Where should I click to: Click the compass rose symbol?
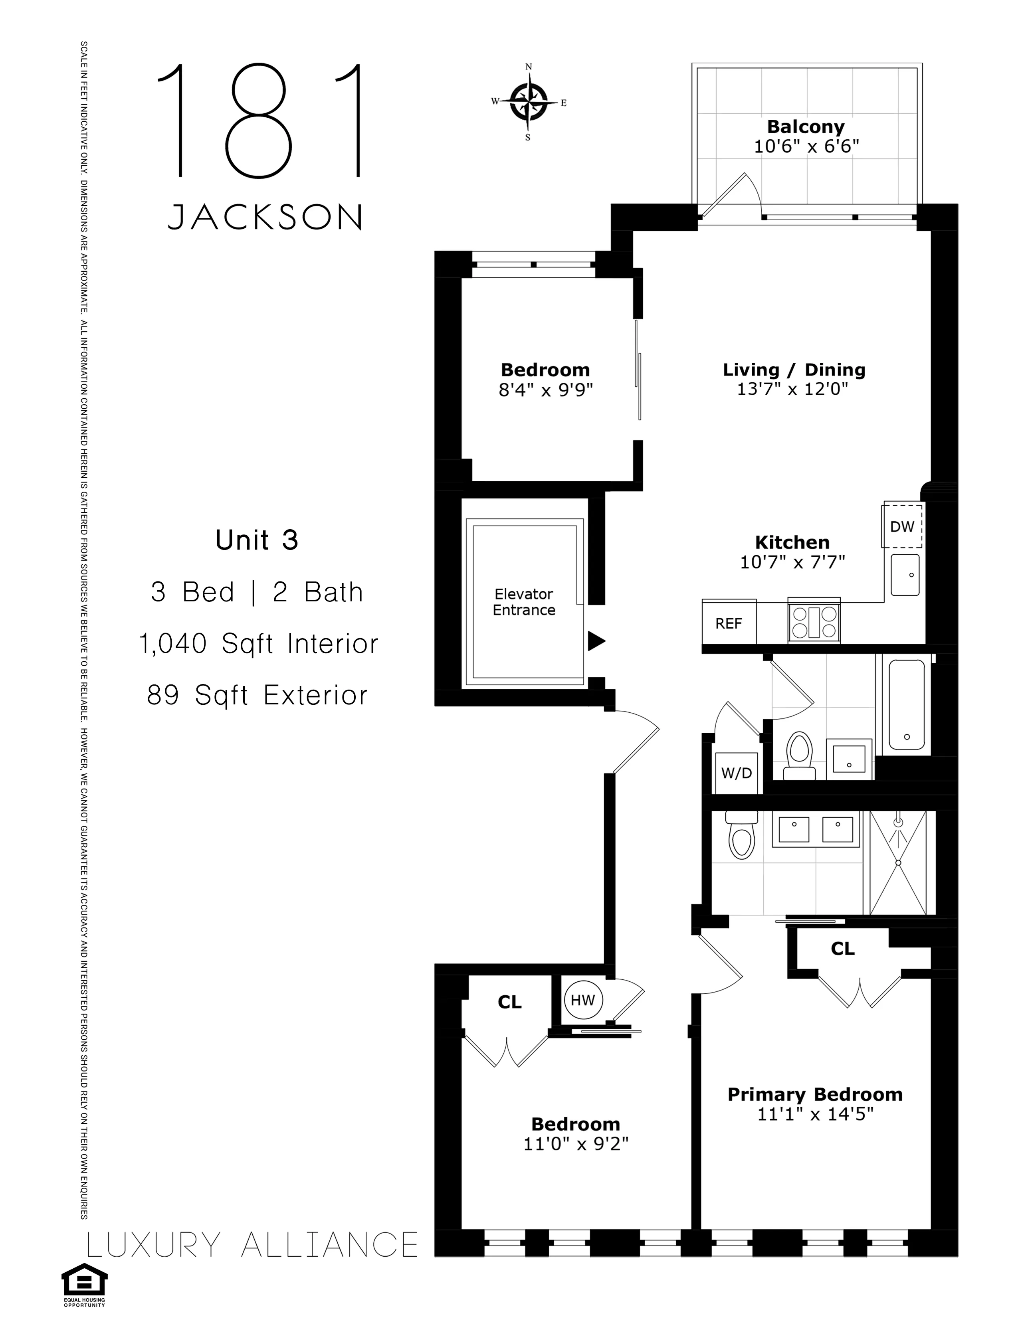528,102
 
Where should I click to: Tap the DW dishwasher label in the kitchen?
902,526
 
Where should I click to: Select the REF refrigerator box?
729,623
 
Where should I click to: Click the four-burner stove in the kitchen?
814,622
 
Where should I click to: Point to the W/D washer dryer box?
737,773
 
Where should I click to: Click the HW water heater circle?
582,1000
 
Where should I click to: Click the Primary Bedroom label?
815,1094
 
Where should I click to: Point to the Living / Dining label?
794,370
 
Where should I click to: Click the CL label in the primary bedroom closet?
842,949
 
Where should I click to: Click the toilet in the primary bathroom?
741,837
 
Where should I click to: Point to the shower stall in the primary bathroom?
898,862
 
